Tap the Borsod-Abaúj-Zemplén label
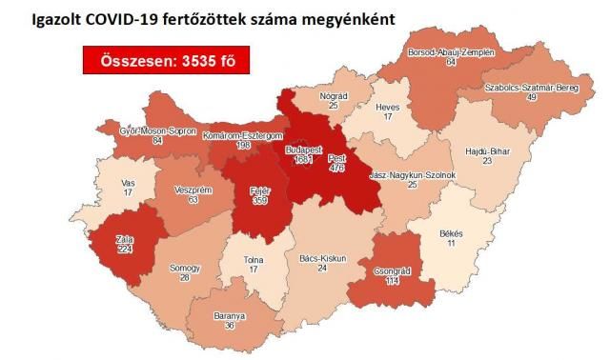coord(452,52)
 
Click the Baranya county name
coord(229,315)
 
